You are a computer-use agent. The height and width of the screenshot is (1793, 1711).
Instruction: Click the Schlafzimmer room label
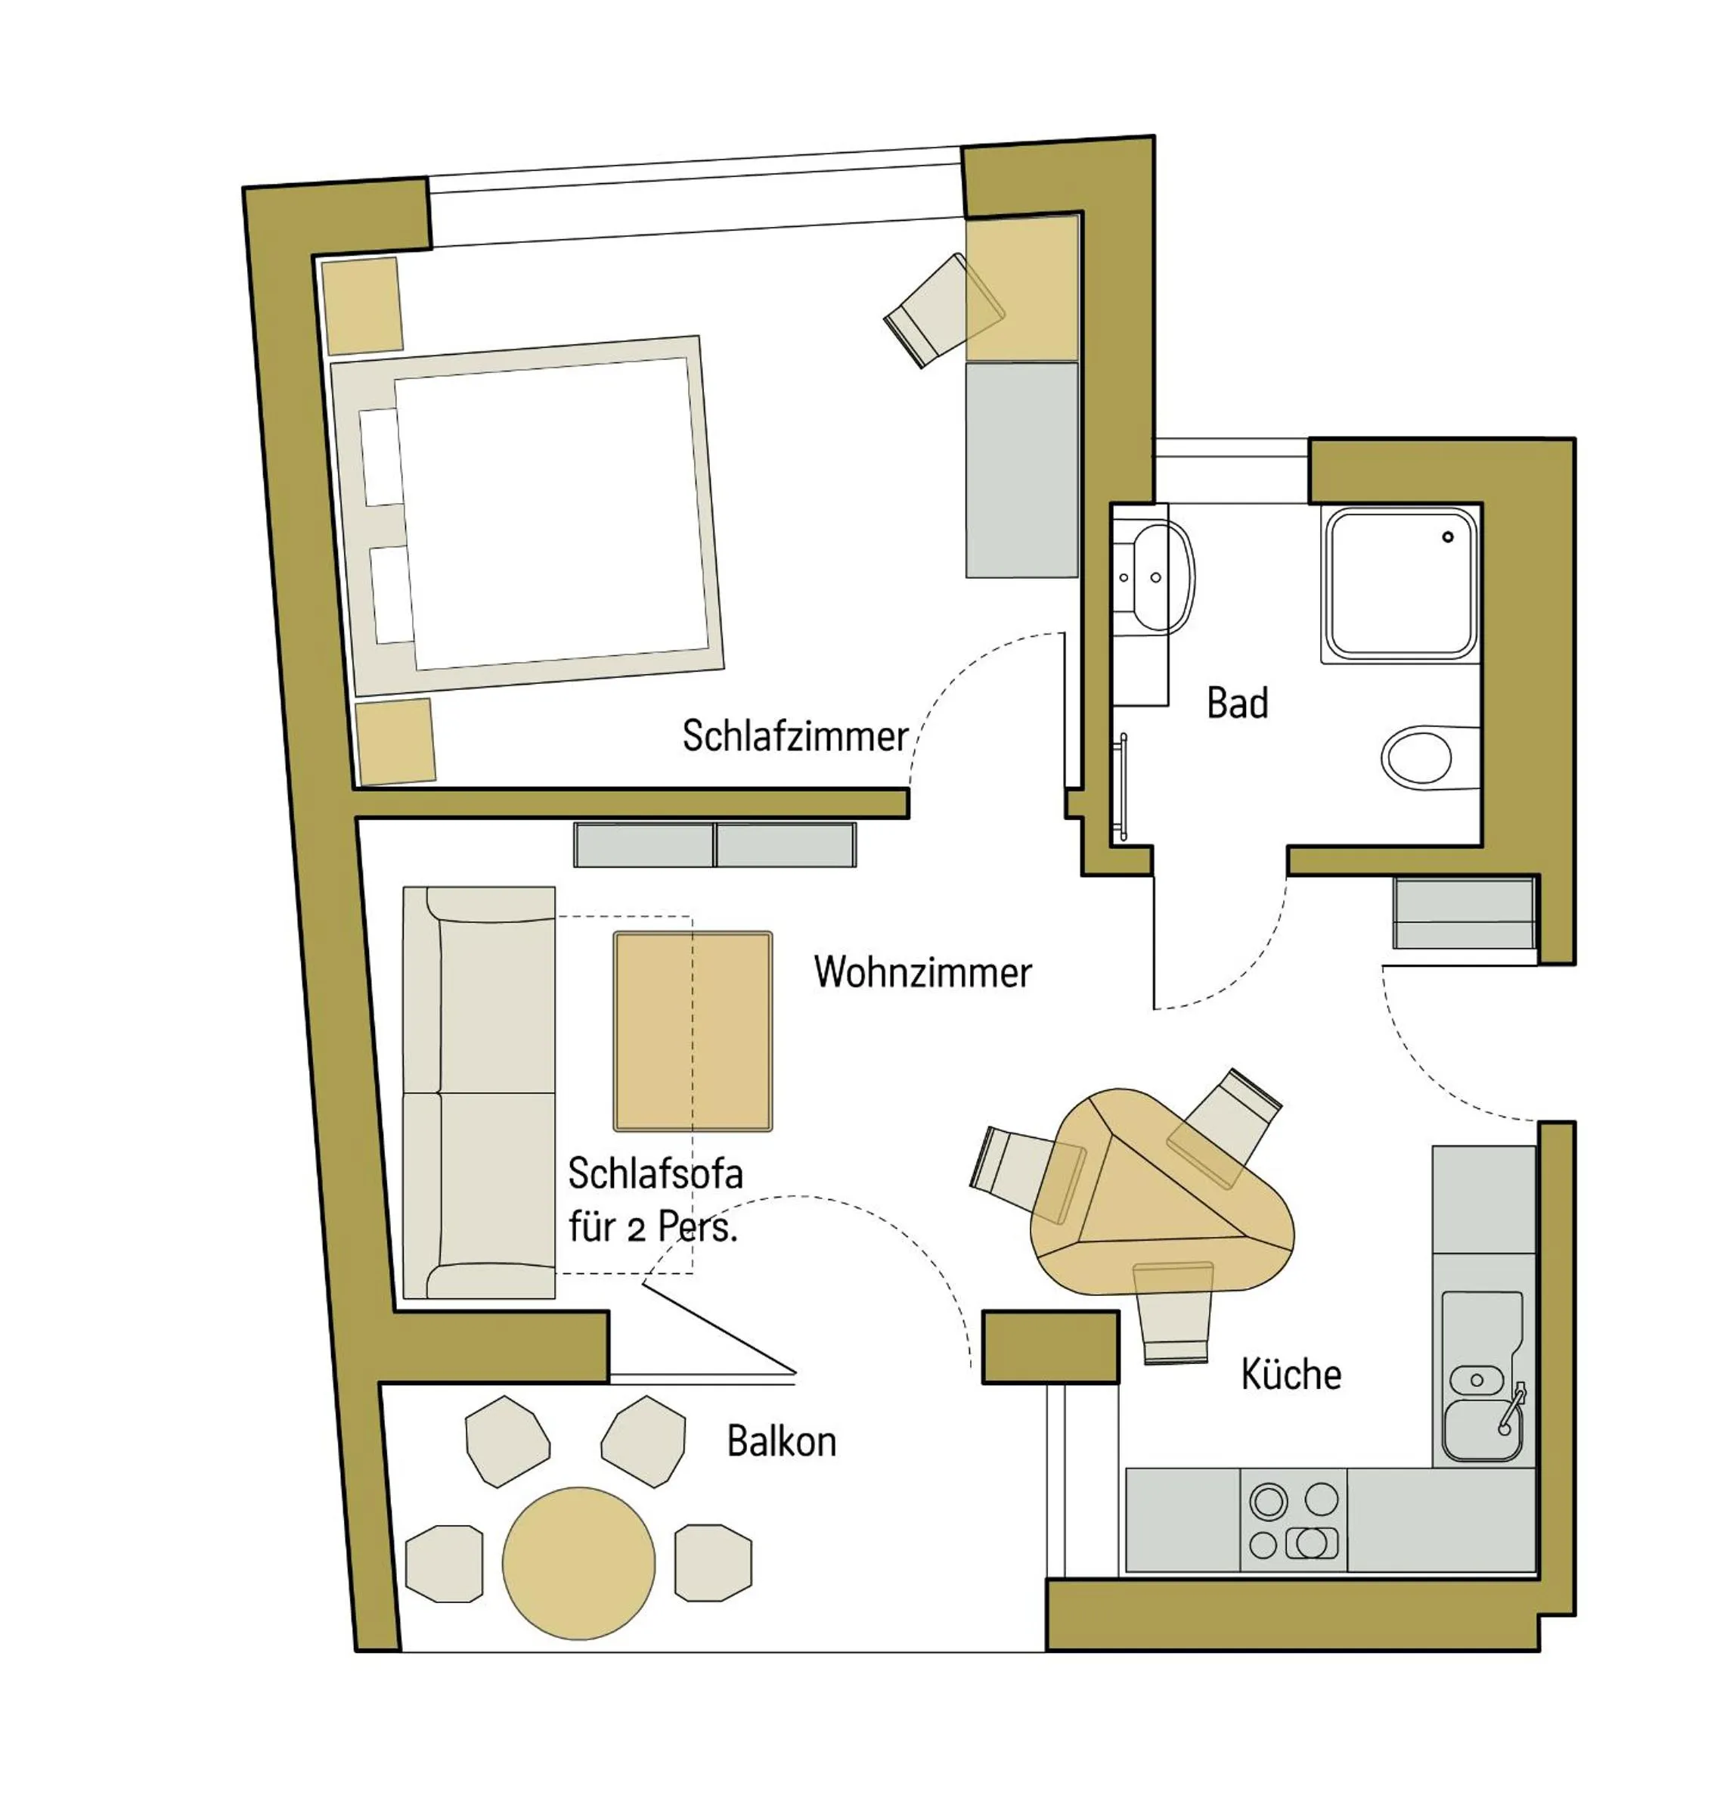click(x=795, y=736)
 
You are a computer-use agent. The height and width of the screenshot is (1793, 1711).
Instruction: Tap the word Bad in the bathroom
click(x=1237, y=704)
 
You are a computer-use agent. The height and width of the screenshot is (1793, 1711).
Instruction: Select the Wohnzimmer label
click(x=922, y=973)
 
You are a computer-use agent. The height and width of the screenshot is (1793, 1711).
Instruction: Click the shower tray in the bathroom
click(x=1400, y=584)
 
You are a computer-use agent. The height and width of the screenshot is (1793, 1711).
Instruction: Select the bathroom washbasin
click(x=1158, y=576)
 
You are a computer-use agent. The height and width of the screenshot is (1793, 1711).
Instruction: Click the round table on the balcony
click(x=578, y=1563)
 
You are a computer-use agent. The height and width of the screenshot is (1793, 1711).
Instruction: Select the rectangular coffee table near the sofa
click(x=693, y=1031)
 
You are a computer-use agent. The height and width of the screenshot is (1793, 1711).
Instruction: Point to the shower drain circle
click(x=1447, y=537)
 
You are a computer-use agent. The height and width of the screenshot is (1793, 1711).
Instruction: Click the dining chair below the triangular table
click(x=1176, y=1311)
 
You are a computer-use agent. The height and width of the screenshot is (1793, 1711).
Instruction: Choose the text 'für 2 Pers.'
click(x=653, y=1228)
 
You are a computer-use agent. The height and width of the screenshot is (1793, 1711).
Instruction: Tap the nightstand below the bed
click(x=395, y=742)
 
